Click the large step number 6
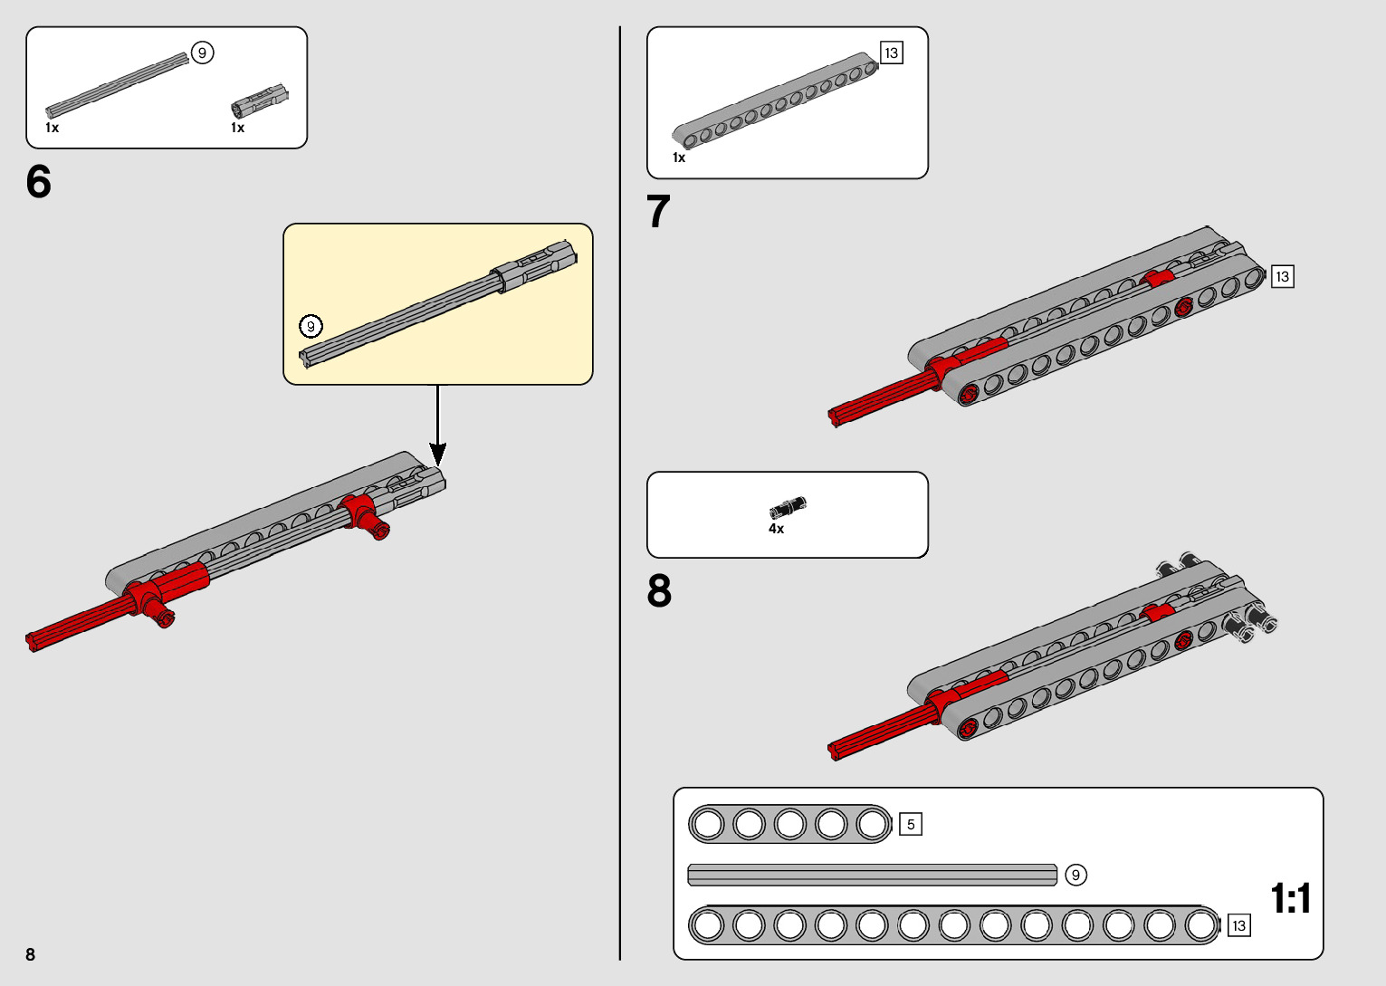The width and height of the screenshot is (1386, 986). [x=39, y=182]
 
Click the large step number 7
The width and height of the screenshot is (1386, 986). [x=659, y=212]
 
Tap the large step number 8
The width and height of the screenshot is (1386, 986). [x=659, y=591]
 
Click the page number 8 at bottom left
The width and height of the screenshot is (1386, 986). [x=31, y=954]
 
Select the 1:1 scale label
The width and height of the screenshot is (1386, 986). [x=1291, y=899]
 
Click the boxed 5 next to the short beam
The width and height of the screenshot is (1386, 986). [x=911, y=824]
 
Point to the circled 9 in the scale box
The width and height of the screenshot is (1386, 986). [x=1075, y=875]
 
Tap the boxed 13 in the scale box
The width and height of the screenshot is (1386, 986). [x=1238, y=925]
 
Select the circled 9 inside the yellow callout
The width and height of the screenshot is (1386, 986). [x=311, y=326]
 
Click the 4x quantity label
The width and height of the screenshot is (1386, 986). [x=776, y=529]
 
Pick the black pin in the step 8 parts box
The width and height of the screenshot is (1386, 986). [x=788, y=507]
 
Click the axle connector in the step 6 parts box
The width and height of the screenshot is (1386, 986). [x=260, y=101]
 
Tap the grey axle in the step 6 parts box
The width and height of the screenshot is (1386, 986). [x=118, y=85]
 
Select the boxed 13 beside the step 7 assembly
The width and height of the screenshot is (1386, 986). [x=1282, y=276]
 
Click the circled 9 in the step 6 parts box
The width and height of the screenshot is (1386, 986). [x=202, y=53]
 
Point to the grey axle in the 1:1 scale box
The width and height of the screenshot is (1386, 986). [x=872, y=875]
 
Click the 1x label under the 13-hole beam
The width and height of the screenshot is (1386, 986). [x=679, y=158]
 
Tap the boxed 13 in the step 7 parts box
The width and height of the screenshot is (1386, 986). [x=892, y=53]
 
